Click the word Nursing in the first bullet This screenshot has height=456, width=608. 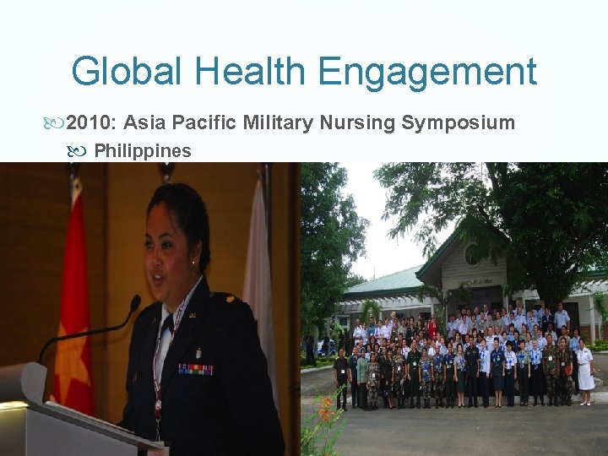click(358, 123)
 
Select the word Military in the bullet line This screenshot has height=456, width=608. click(278, 123)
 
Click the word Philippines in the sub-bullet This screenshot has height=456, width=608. click(142, 151)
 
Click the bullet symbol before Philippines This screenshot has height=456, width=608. click(81, 152)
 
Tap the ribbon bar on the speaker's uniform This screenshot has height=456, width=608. click(195, 369)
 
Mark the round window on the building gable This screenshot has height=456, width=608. click(471, 253)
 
